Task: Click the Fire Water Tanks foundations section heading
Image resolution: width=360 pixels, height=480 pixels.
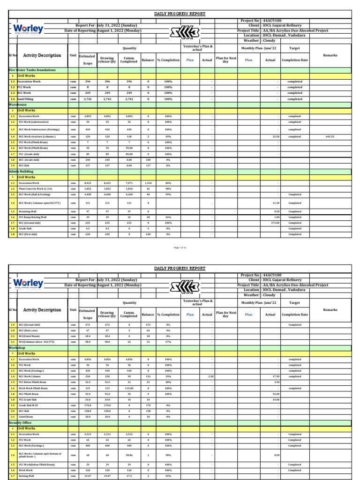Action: pyautogui.click(x=32, y=70)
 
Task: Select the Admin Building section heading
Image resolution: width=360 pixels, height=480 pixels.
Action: pyautogui.click(x=22, y=172)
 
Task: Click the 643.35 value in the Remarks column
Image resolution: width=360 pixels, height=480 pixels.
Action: pyautogui.click(x=330, y=137)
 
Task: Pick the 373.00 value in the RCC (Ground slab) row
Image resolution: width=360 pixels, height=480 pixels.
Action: pyautogui.click(x=275, y=223)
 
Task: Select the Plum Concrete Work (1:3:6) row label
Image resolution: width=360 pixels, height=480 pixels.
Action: pyautogui.click(x=35, y=188)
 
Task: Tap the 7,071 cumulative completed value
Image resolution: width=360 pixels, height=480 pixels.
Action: pyautogui.click(x=128, y=183)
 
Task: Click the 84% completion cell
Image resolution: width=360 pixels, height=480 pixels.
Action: pyautogui.click(x=167, y=183)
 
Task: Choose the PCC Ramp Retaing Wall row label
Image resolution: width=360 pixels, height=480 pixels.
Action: pyautogui.click(x=33, y=217)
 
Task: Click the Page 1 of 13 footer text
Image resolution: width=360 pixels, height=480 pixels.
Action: pyautogui.click(x=180, y=247)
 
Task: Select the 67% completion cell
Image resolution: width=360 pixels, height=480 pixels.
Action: pyautogui.click(x=167, y=342)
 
